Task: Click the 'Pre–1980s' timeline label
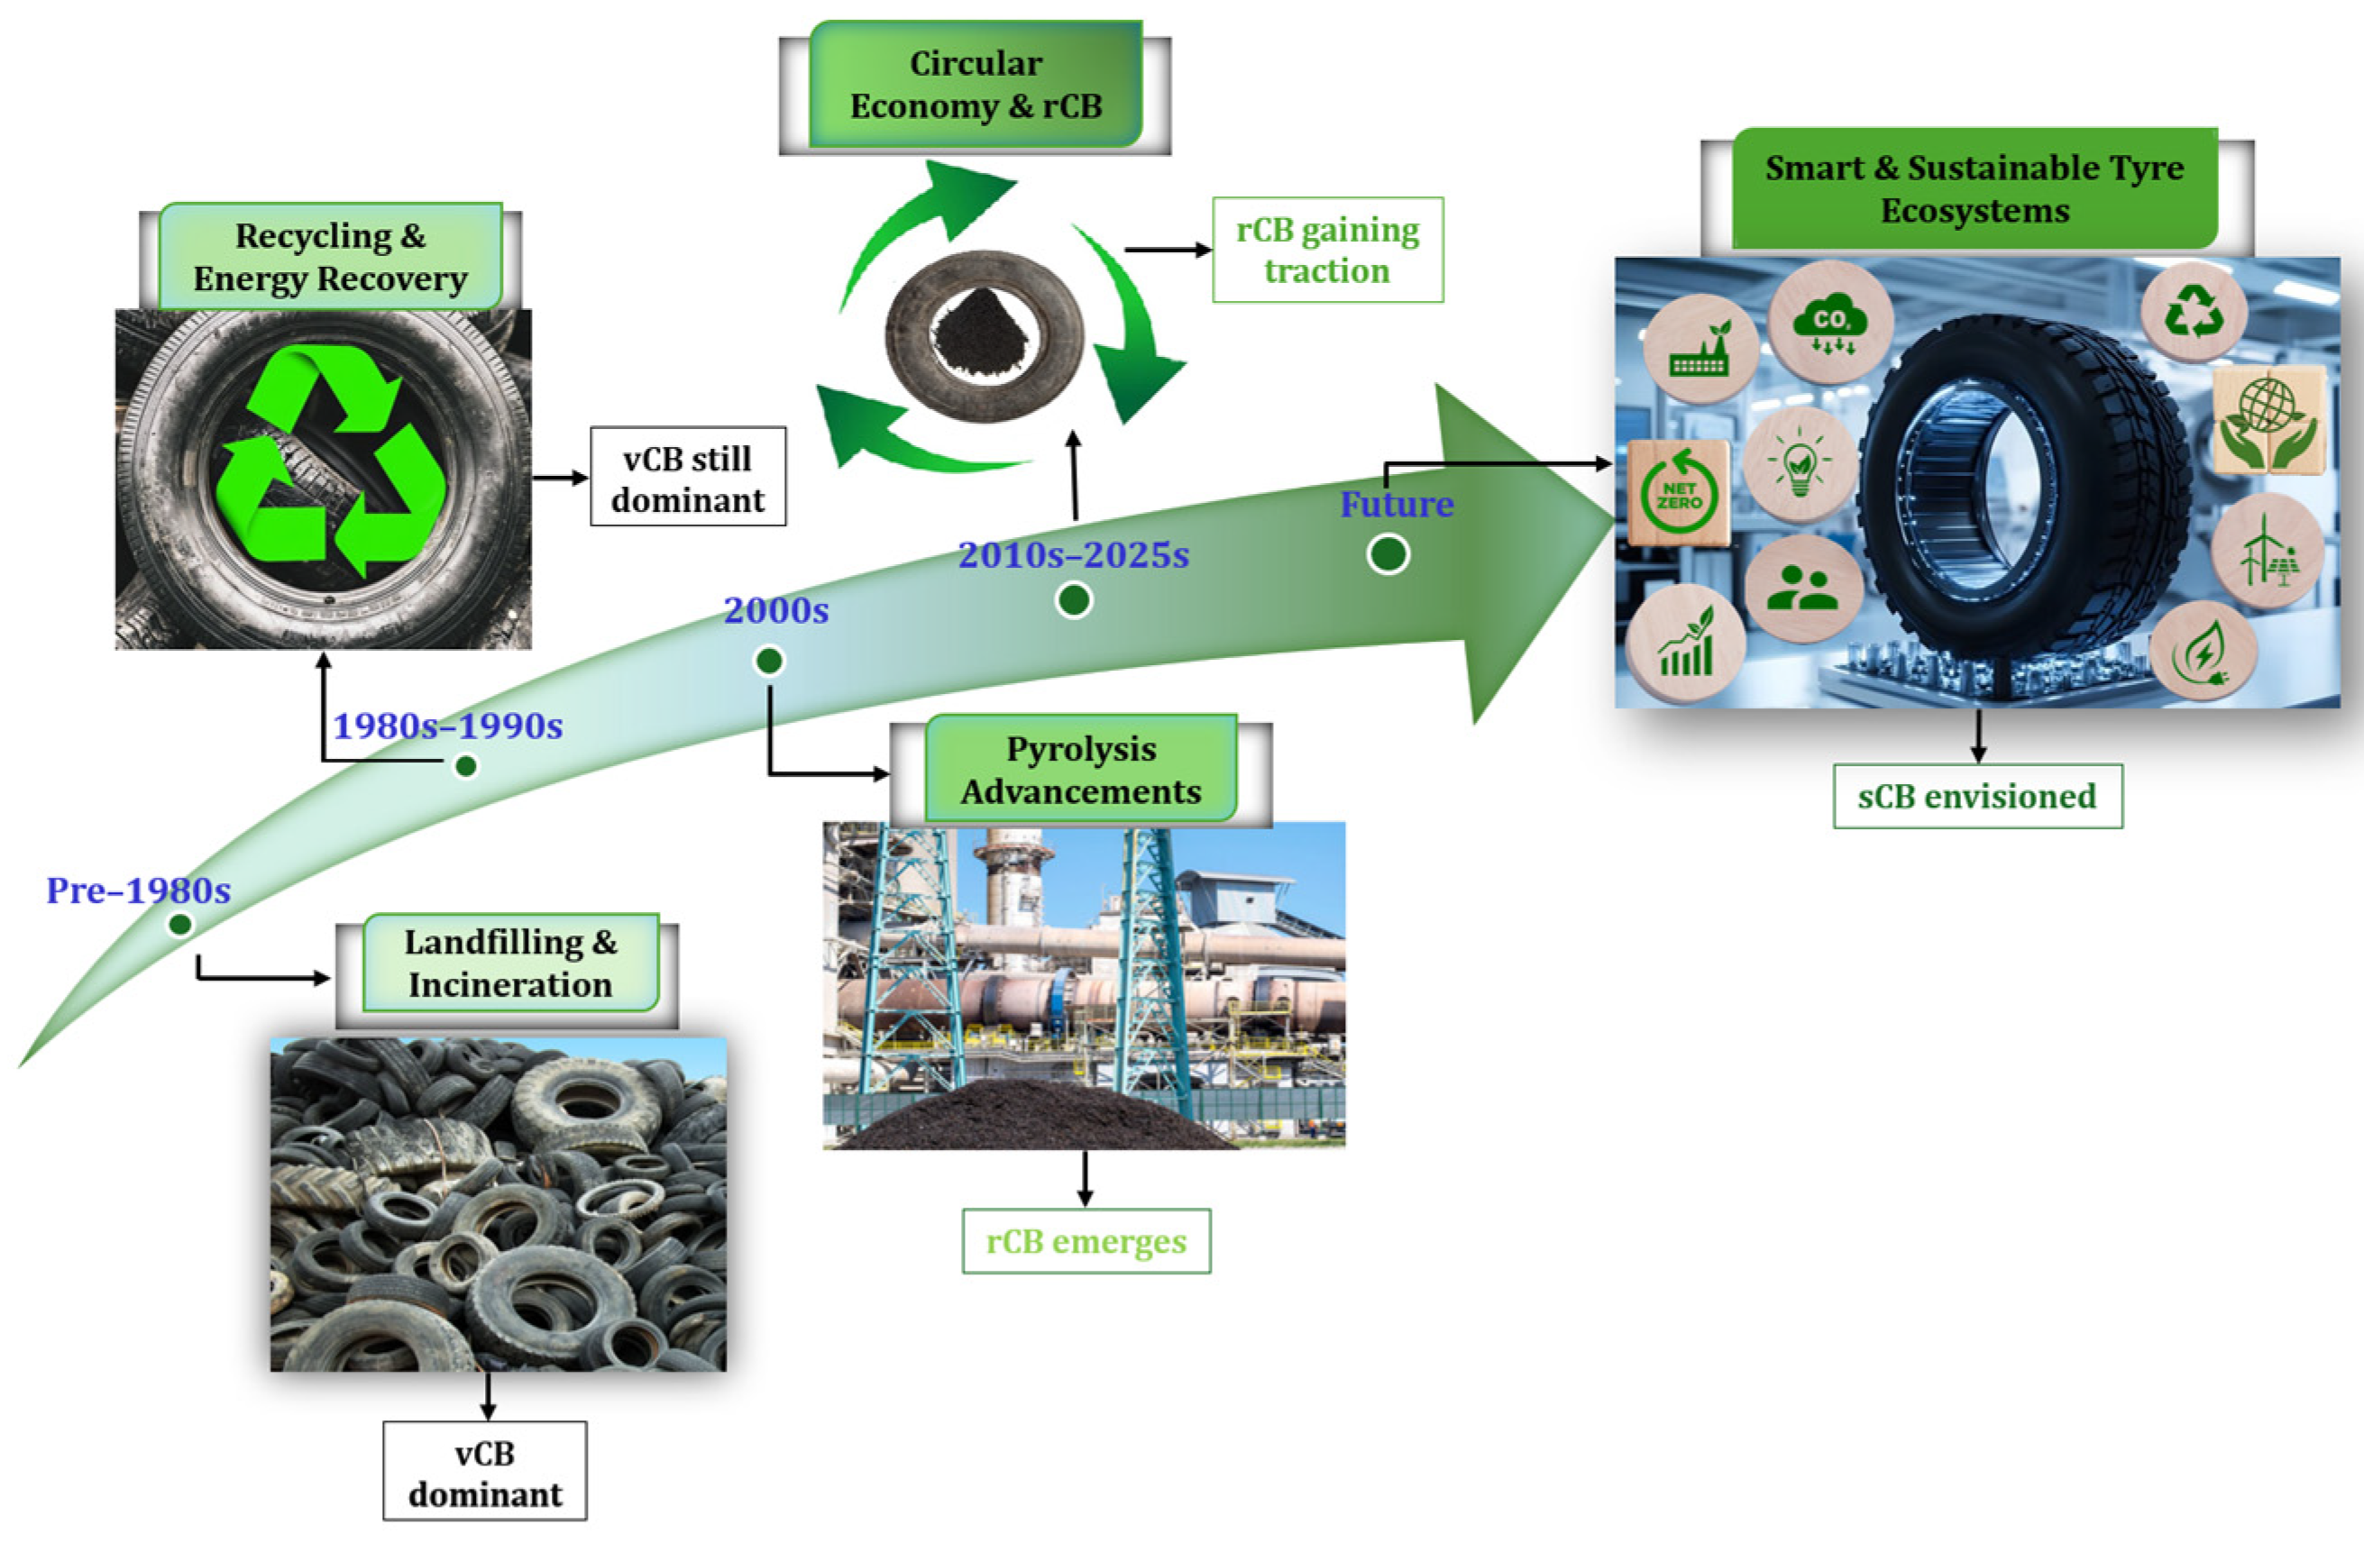(138, 890)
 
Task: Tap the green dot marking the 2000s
(769, 661)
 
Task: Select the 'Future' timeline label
(1397, 505)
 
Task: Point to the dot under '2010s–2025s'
(1074, 599)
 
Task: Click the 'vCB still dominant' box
(688, 477)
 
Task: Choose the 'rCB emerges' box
(1086, 1241)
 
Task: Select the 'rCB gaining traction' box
(1327, 250)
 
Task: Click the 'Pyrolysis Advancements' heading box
(1081, 770)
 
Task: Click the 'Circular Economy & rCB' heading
(976, 85)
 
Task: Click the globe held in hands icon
(2268, 421)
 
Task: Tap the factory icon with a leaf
(1700, 349)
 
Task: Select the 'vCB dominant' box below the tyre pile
(485, 1471)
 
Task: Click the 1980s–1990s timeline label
(447, 726)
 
